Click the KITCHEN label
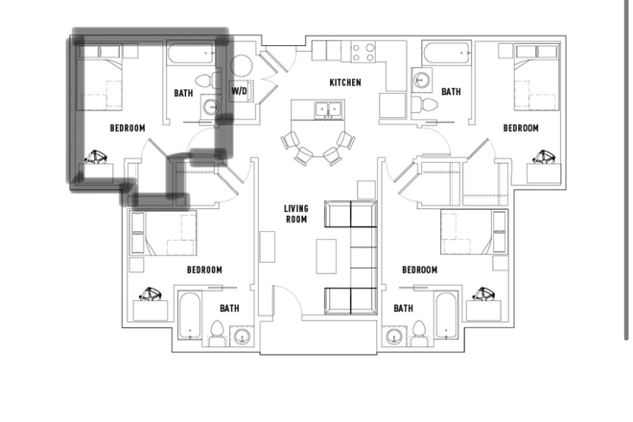point(345,82)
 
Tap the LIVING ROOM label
point(295,214)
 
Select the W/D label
point(240,92)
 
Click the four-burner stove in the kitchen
point(364,51)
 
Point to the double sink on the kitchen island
point(326,109)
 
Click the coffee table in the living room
point(328,253)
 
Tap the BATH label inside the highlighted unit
point(183,93)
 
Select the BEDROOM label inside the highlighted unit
point(128,128)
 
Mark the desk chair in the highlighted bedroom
point(97,157)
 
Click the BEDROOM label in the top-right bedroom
point(521,128)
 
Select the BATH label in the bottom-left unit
point(229,308)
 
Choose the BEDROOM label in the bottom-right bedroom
point(419,270)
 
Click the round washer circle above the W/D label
point(241,67)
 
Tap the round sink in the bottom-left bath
point(241,336)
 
